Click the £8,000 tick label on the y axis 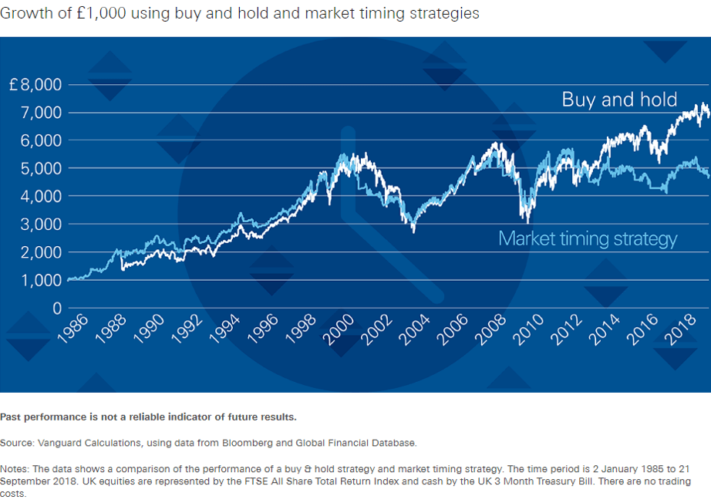coord(35,84)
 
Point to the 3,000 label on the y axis coord(40,224)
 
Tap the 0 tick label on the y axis coord(56,308)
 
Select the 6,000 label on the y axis coord(40,140)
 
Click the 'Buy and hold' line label coord(619,99)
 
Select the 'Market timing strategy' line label coord(588,238)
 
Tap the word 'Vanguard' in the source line coord(59,443)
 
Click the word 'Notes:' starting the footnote coord(14,468)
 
